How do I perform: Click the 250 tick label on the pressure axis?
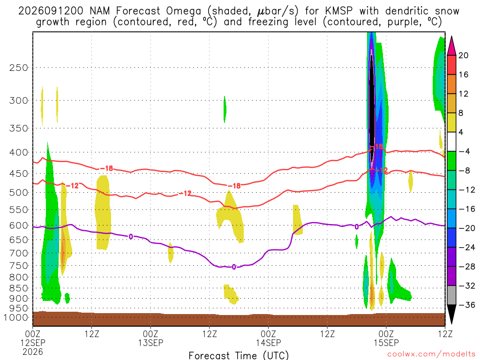19,67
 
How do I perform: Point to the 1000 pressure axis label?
16,317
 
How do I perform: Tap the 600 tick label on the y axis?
19,225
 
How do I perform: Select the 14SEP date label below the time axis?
269,343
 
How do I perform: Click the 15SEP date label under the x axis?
386,343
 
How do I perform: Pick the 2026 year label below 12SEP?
33,352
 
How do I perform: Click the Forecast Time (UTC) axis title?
239,355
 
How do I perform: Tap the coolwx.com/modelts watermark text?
431,354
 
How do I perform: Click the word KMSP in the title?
338,11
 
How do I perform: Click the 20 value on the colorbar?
464,55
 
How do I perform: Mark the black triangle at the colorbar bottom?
451,314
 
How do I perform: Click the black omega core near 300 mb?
372,104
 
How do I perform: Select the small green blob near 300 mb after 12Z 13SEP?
225,109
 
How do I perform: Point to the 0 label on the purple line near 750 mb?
234,267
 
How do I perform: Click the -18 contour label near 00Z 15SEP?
378,147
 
